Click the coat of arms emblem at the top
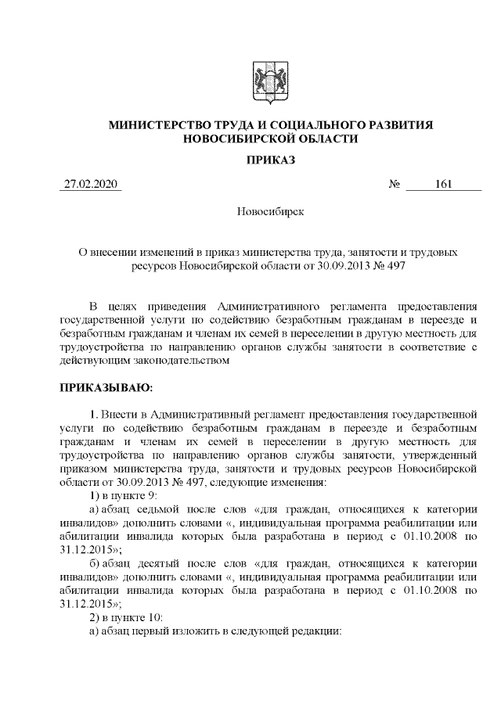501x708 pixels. click(x=270, y=82)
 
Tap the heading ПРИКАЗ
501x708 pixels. click(x=270, y=160)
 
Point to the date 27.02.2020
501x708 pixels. click(x=90, y=185)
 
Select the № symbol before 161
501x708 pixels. click(x=395, y=185)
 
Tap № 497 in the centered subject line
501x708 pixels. click(x=389, y=267)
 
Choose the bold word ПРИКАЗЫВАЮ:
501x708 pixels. click(x=106, y=386)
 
